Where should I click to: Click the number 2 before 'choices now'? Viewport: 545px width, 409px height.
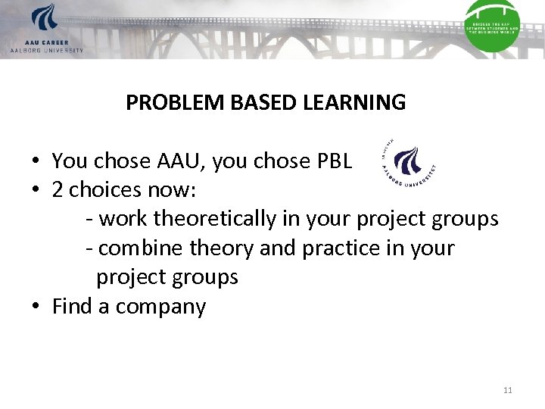pos(58,190)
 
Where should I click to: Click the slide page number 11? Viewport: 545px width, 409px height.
pos(507,390)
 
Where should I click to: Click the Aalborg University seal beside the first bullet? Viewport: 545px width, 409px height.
pos(410,164)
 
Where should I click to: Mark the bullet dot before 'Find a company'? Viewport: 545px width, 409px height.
pos(36,308)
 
